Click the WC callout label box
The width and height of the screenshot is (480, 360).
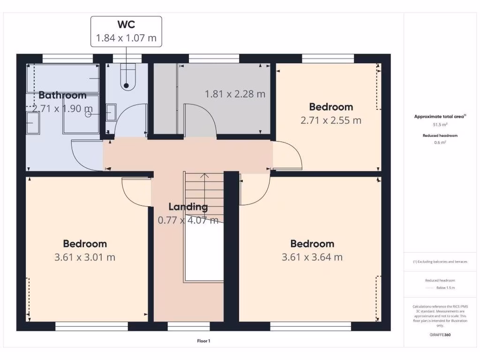[x=126, y=31]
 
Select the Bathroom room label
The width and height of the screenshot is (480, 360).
[x=62, y=95]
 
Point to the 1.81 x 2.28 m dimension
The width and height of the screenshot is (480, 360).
[x=235, y=94]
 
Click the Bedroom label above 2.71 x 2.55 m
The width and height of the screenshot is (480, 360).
[x=331, y=107]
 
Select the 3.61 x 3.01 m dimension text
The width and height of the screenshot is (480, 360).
[x=85, y=257]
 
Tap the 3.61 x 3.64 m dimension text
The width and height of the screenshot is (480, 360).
[x=312, y=257]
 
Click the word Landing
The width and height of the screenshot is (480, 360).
[x=188, y=207]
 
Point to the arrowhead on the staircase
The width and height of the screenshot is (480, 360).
[x=205, y=176]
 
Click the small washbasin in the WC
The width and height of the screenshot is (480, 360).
[x=111, y=113]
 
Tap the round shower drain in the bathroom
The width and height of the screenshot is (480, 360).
[x=88, y=114]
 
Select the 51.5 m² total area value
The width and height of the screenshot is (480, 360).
[x=440, y=125]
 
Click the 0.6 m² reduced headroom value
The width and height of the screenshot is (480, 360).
[x=440, y=142]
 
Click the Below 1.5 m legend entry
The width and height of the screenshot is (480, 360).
[x=445, y=288]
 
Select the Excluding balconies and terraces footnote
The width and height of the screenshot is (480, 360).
[x=440, y=262]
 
